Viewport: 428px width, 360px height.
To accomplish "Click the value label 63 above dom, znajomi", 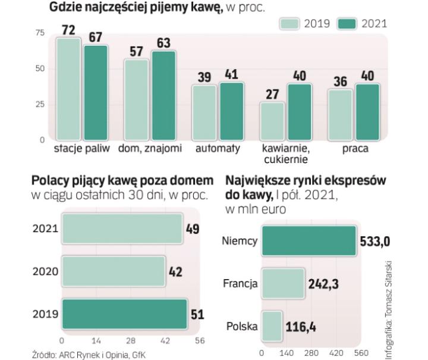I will coord(164,43).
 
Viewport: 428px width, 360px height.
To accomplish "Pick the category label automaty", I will coord(218,149).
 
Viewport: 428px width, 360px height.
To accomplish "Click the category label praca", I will coord(355,149).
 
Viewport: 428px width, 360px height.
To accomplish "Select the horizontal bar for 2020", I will coord(114,271).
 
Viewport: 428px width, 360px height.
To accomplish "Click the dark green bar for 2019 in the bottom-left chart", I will coord(124,314).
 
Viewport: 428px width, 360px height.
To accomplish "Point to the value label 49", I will coord(193,229).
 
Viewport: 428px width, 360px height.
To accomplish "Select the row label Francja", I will coord(240,284).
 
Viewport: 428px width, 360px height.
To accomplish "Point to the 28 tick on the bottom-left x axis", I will coord(130,340).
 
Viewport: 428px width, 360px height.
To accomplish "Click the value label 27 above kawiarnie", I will coord(272,94).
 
